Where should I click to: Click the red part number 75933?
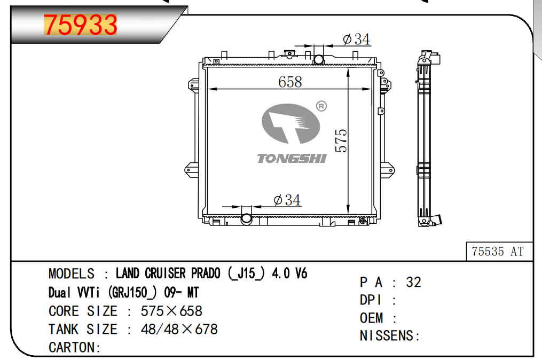pos(81,25)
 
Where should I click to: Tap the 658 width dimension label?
pos(290,82)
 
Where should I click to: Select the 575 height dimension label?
pos(341,140)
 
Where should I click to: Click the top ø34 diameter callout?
pos(356,40)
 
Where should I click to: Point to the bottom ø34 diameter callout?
pos(287,200)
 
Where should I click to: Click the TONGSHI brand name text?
pos(292,159)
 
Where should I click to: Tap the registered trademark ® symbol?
pos(321,106)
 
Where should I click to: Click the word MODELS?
pos(71,274)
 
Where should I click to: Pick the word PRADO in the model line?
pos(206,273)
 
